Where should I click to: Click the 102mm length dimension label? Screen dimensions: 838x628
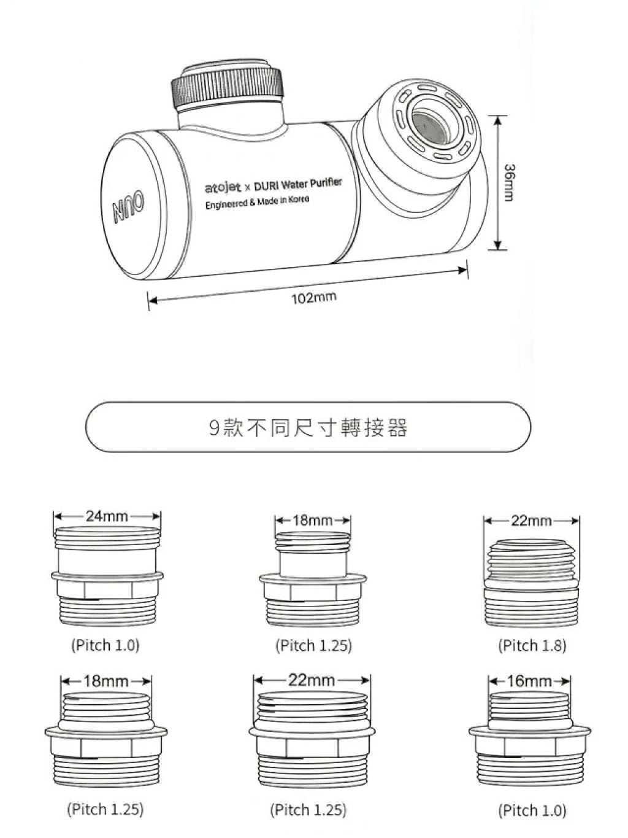313,298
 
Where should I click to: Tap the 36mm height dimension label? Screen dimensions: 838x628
508,182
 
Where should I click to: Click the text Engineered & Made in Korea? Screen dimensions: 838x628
257,202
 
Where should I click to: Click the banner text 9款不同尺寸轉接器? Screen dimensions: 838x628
308,427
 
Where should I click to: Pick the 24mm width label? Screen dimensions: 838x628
107,516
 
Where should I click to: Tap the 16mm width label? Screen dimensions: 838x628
529,681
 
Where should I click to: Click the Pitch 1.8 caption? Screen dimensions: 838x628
532,646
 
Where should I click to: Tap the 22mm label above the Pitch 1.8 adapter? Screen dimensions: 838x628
531,521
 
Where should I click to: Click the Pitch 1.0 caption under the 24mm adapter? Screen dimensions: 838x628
105,645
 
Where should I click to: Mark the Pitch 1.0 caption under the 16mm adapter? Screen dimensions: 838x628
532,810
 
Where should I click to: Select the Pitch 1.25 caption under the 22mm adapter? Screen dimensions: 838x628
308,810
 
